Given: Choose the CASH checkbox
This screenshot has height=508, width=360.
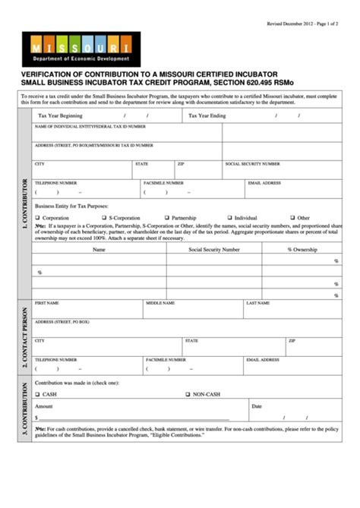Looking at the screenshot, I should click(x=37, y=395).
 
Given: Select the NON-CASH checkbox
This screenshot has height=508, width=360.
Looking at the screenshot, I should click(x=187, y=395).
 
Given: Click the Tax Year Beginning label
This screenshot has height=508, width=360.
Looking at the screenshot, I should click(x=60, y=115).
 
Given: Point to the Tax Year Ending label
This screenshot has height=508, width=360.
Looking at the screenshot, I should click(x=207, y=115).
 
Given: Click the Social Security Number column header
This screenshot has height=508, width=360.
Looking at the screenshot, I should click(x=214, y=249).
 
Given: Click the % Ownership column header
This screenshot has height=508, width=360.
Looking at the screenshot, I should click(x=302, y=249).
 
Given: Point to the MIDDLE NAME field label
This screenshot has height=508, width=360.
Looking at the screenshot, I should click(x=160, y=302).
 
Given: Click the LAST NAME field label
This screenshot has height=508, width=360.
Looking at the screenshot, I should click(x=258, y=302).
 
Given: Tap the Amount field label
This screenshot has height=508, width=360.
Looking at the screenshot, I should click(x=44, y=406).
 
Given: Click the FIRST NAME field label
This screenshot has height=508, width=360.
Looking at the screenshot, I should click(x=47, y=302).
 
